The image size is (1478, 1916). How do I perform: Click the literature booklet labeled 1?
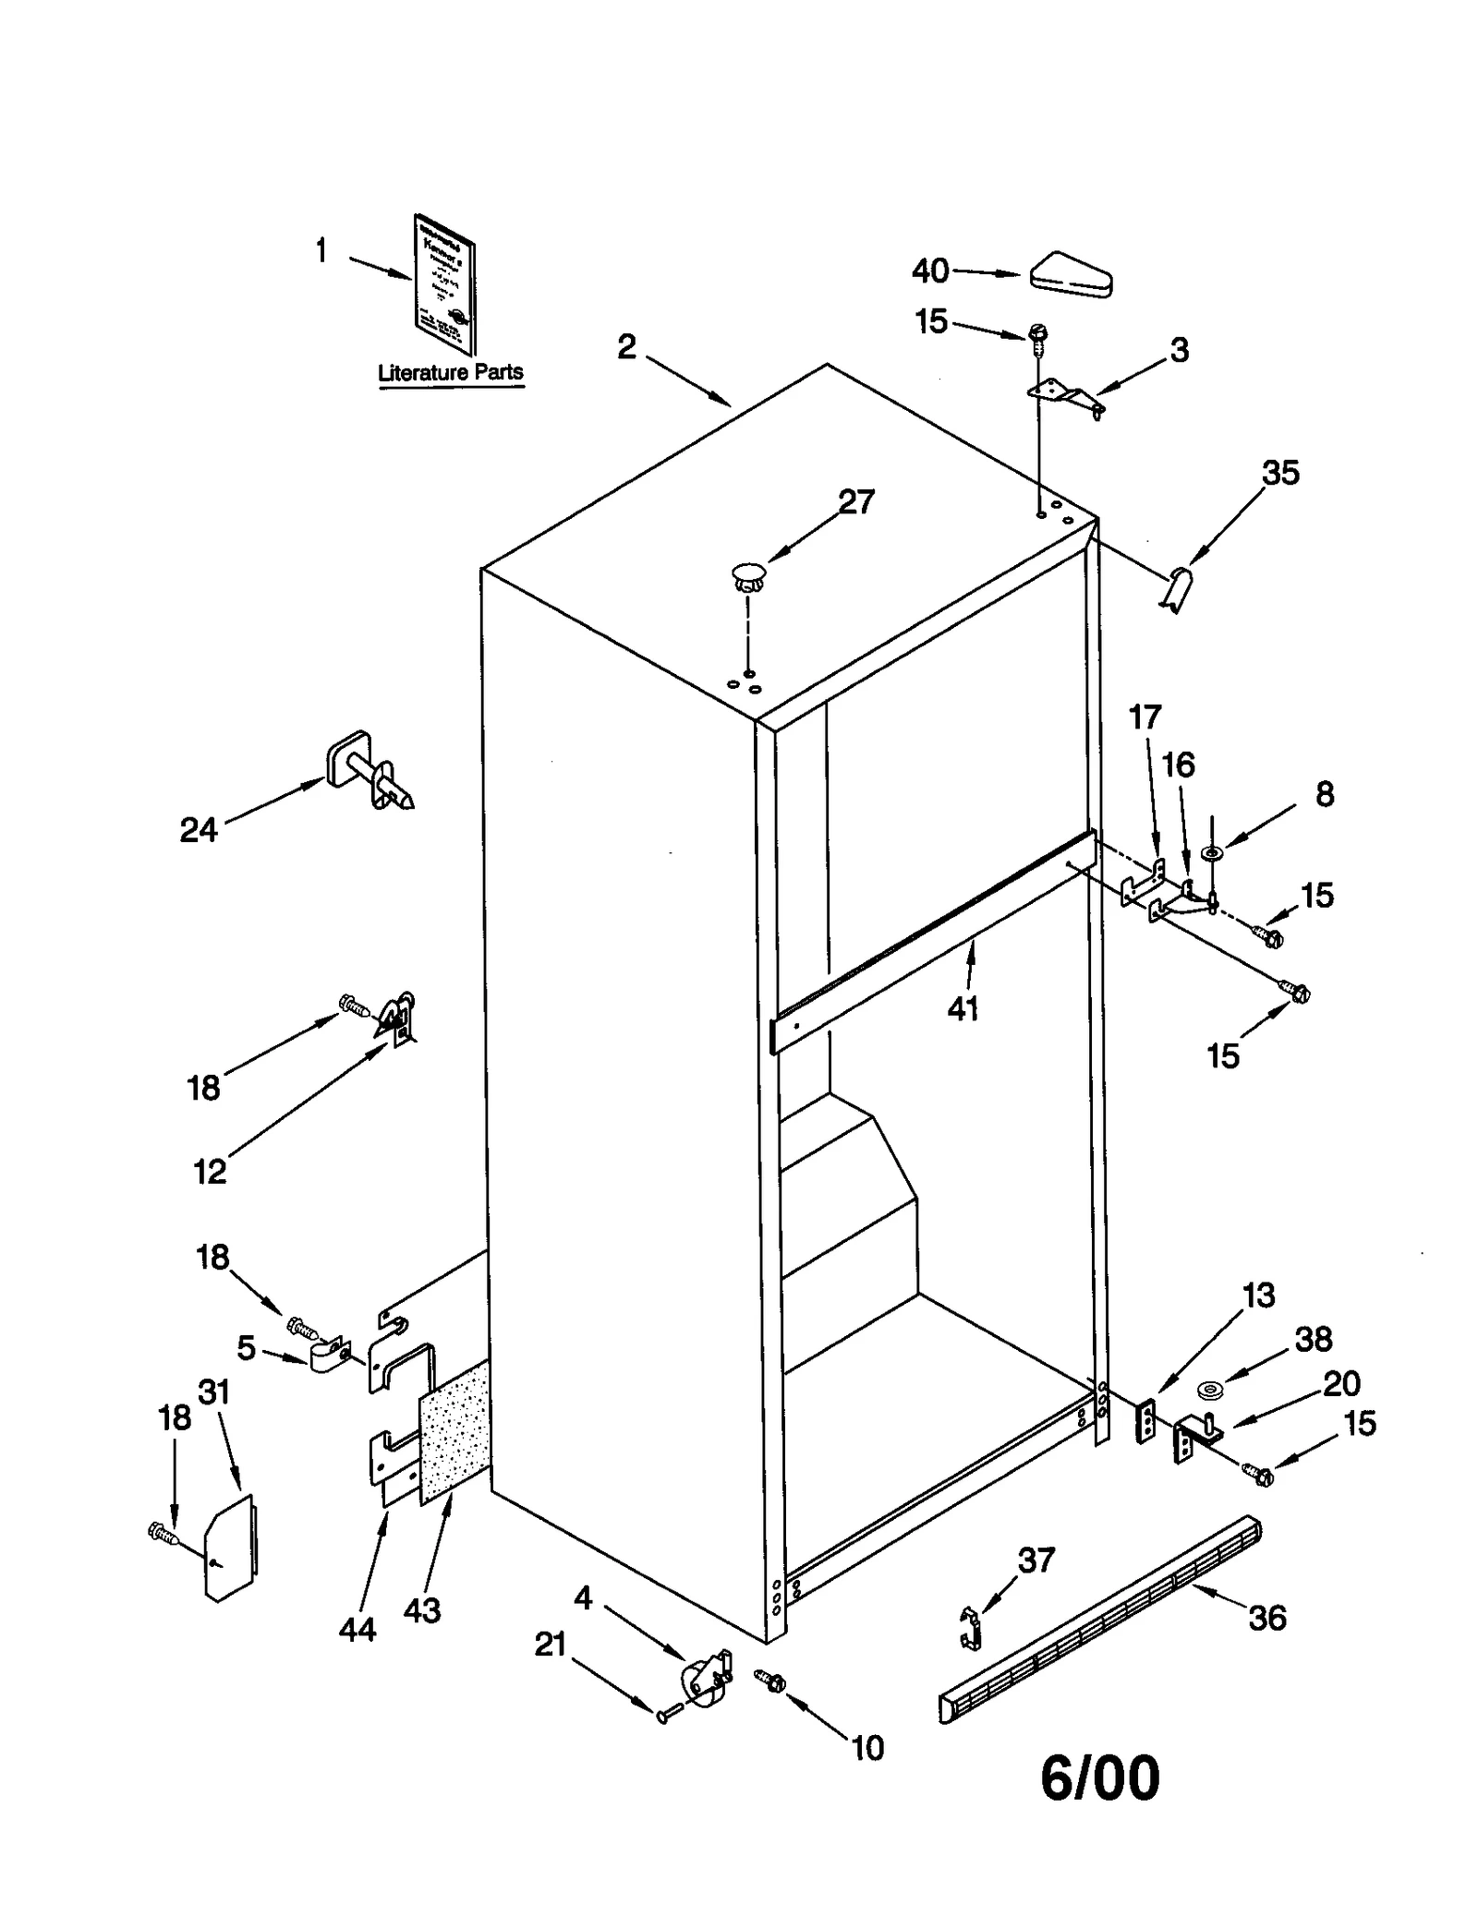(444, 283)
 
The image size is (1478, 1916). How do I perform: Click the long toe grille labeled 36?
(1099, 1621)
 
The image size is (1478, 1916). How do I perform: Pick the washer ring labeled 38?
(1208, 1389)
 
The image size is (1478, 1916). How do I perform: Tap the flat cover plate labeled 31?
(230, 1550)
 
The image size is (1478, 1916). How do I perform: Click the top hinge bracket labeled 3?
(1067, 395)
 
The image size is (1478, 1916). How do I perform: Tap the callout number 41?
(963, 1009)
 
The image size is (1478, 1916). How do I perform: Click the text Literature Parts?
(451, 373)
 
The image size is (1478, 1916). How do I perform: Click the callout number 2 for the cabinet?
(627, 347)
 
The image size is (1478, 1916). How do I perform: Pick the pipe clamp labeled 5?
(327, 1356)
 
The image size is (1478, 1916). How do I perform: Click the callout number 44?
(357, 1629)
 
